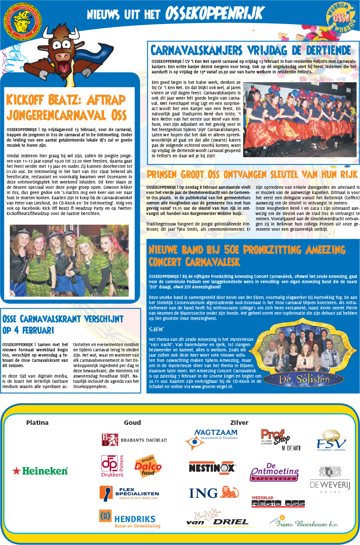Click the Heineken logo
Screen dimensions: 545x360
[40, 471]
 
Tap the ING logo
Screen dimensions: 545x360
[210, 493]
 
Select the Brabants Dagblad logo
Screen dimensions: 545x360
[134, 440]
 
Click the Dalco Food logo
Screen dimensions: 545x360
[148, 467]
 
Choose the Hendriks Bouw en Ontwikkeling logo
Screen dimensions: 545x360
[130, 519]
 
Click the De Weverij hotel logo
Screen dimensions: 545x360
[328, 479]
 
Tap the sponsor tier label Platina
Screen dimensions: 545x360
[37, 423]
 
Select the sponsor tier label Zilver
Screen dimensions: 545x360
[239, 423]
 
